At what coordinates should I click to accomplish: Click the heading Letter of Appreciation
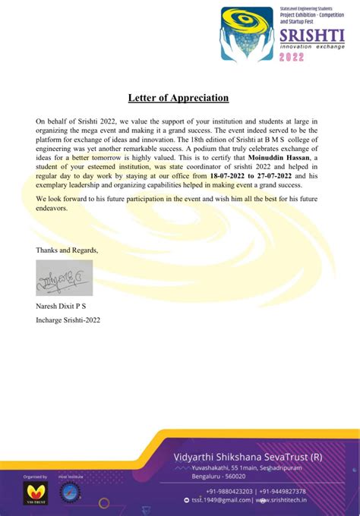tap(180, 98)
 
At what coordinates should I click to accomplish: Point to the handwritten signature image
tap(64, 278)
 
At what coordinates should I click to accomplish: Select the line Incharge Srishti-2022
tap(68, 319)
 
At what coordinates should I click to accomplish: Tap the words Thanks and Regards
tap(67, 250)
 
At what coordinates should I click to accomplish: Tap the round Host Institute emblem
tap(71, 492)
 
